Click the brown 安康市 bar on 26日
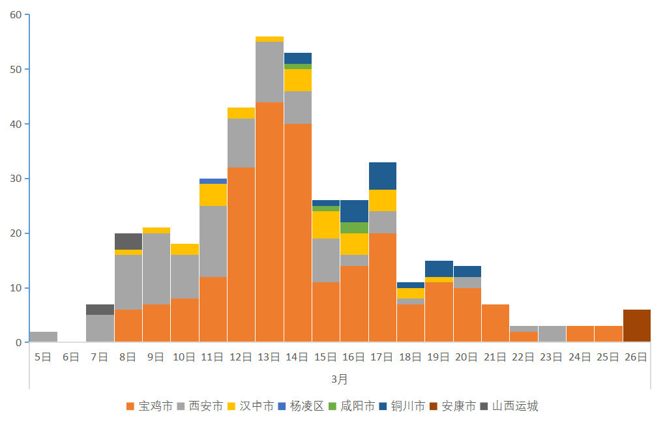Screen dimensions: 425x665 (x=637, y=326)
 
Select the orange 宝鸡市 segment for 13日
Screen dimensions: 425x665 (x=269, y=222)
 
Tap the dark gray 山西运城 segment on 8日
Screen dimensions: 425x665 (x=128, y=241)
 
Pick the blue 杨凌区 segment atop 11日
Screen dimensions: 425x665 (x=213, y=181)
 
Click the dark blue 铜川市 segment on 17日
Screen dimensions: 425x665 (x=383, y=176)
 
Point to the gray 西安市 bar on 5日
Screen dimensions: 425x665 (x=43, y=337)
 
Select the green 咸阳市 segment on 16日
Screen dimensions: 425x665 (x=354, y=227)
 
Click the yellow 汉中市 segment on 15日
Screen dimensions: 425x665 (x=326, y=225)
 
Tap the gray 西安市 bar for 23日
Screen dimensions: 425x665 (x=552, y=334)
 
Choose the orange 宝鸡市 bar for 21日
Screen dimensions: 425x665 (x=495, y=323)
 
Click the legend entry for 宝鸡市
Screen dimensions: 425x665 (x=149, y=406)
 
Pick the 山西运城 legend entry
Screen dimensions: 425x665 (x=509, y=406)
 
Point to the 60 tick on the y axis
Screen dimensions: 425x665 (x=16, y=14)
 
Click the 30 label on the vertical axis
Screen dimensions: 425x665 (x=16, y=179)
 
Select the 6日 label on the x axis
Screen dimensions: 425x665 (x=71, y=357)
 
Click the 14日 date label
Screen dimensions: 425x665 (x=297, y=357)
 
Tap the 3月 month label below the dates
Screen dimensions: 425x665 (x=339, y=379)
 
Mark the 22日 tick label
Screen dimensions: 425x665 (x=524, y=357)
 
